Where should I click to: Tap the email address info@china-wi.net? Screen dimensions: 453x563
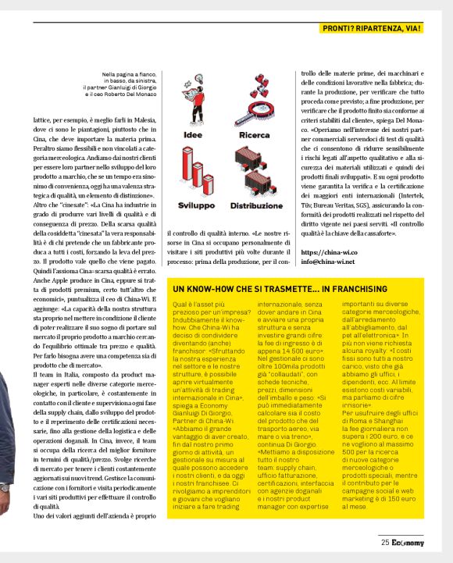[334, 263]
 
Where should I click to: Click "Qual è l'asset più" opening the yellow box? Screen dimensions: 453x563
[198, 303]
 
